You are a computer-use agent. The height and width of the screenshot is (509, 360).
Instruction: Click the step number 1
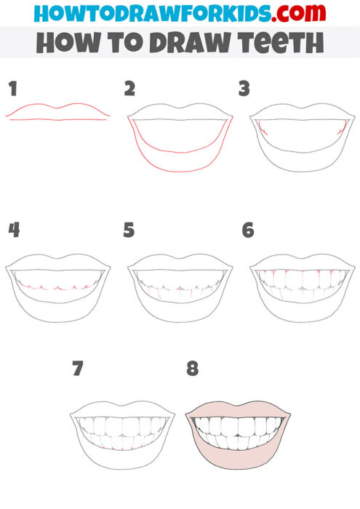pyautogui.click(x=12, y=89)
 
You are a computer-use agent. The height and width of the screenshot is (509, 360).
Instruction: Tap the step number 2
pyautogui.click(x=129, y=89)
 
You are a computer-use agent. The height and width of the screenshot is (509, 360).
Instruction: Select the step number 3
pyautogui.click(x=244, y=89)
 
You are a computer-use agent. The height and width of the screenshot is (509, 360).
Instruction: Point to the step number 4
pyautogui.click(x=13, y=231)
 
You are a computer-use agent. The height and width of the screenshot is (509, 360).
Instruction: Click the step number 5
pyautogui.click(x=129, y=231)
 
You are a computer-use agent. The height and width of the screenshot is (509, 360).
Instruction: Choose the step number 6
pyautogui.click(x=248, y=231)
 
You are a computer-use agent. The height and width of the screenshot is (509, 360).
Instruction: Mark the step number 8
pyautogui.click(x=192, y=369)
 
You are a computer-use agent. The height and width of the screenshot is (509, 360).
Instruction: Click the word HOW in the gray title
pyautogui.click(x=60, y=43)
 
